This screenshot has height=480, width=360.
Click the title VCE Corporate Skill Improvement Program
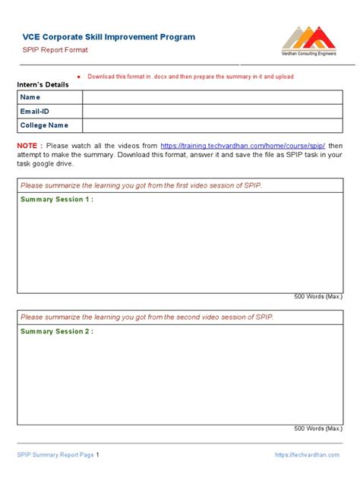point(109,36)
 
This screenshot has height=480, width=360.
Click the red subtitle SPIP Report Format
point(55,50)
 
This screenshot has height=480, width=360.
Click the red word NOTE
point(28,145)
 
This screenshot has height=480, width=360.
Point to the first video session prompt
point(141,185)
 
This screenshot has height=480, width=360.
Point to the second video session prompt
point(147,317)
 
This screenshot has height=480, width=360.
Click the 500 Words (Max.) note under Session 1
point(318,297)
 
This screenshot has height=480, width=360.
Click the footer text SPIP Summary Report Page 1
point(58,455)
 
